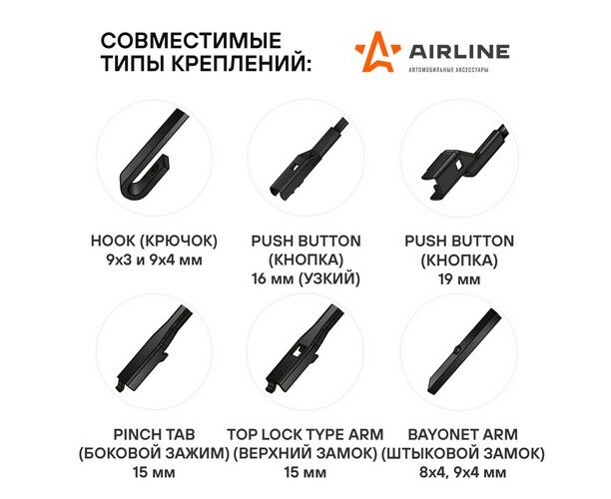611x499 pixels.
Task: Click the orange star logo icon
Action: [376, 52]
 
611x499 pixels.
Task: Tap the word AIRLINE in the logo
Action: [459, 51]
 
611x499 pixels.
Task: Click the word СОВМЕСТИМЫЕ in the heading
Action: [191, 40]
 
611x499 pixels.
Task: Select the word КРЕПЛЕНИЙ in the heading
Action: [242, 63]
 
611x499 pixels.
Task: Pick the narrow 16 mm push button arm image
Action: [307, 160]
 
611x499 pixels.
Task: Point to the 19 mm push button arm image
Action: [463, 160]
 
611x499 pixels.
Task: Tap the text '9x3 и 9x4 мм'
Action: [154, 259]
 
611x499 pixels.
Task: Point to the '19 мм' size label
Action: [459, 278]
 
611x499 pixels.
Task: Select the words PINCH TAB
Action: [154, 434]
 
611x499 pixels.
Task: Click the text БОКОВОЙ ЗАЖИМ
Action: [154, 453]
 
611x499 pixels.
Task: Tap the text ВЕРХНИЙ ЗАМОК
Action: [305, 453]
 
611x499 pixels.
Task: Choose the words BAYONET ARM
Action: [462, 434]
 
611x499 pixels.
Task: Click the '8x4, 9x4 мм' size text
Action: [462, 472]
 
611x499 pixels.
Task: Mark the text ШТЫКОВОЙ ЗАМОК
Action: [462, 453]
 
